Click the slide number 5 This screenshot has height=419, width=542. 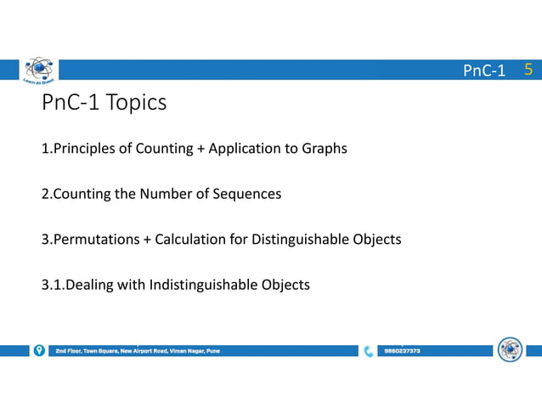[x=528, y=70]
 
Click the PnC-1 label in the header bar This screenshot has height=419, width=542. [x=484, y=71]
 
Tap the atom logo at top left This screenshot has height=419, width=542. [x=37, y=72]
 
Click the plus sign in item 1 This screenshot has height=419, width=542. [x=200, y=149]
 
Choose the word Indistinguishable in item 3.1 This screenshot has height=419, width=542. [x=201, y=284]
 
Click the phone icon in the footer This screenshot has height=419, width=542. [x=369, y=350]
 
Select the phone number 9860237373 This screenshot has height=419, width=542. [x=402, y=350]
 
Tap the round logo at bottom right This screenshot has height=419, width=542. [x=510, y=349]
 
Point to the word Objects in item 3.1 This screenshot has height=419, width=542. [x=284, y=284]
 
